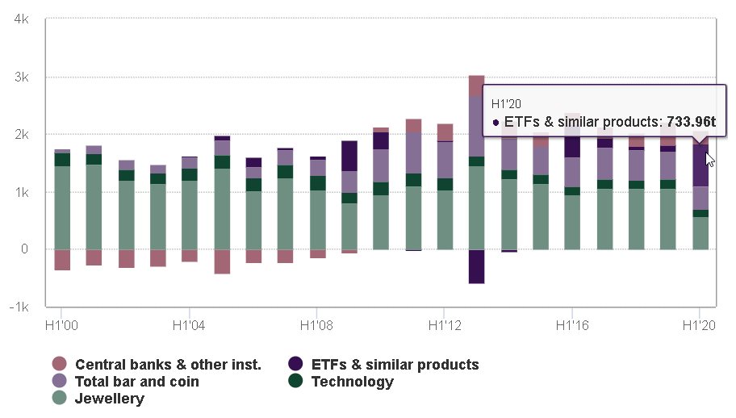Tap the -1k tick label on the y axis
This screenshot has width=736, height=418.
point(20,307)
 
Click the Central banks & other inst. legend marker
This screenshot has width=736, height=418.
point(59,365)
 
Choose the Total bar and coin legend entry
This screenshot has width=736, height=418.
point(136,382)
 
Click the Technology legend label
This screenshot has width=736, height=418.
point(353,382)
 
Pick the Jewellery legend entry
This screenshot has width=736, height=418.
point(110,399)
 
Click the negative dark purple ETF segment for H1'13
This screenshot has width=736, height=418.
point(476,266)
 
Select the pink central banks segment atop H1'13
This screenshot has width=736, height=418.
point(476,86)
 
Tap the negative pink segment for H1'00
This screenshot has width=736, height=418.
point(62,260)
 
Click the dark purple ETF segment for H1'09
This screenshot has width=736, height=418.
point(349,156)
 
